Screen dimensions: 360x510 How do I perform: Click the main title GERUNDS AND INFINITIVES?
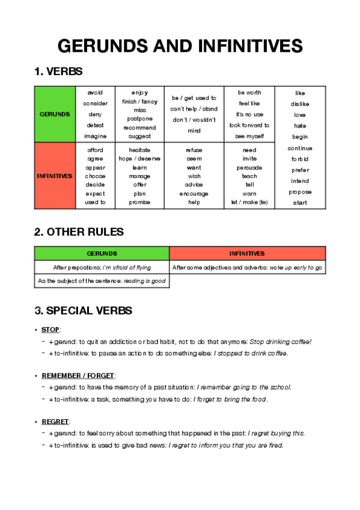pos(180,46)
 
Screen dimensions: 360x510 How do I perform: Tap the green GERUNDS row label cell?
pos(54,114)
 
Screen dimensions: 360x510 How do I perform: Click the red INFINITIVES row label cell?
pos(54,176)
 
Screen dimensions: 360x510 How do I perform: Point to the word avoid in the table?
pos(95,93)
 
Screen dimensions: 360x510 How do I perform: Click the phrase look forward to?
pos(249,125)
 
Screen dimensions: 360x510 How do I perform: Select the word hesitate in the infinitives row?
pos(139,150)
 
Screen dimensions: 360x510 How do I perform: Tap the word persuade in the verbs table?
pos(249,167)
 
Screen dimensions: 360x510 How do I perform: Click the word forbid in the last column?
pos(300,159)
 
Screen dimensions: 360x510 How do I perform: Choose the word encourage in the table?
pos(194,194)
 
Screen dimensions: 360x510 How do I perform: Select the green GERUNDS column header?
pos(102,253)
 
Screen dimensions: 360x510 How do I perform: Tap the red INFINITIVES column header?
pos(247,253)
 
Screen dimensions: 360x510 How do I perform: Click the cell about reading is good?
pos(102,281)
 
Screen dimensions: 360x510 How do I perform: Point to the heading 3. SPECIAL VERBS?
pos(84,311)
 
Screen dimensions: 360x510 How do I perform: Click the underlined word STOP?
pos(51,330)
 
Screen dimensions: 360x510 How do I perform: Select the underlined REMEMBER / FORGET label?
pos(78,375)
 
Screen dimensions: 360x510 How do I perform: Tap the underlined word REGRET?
pos(56,421)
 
